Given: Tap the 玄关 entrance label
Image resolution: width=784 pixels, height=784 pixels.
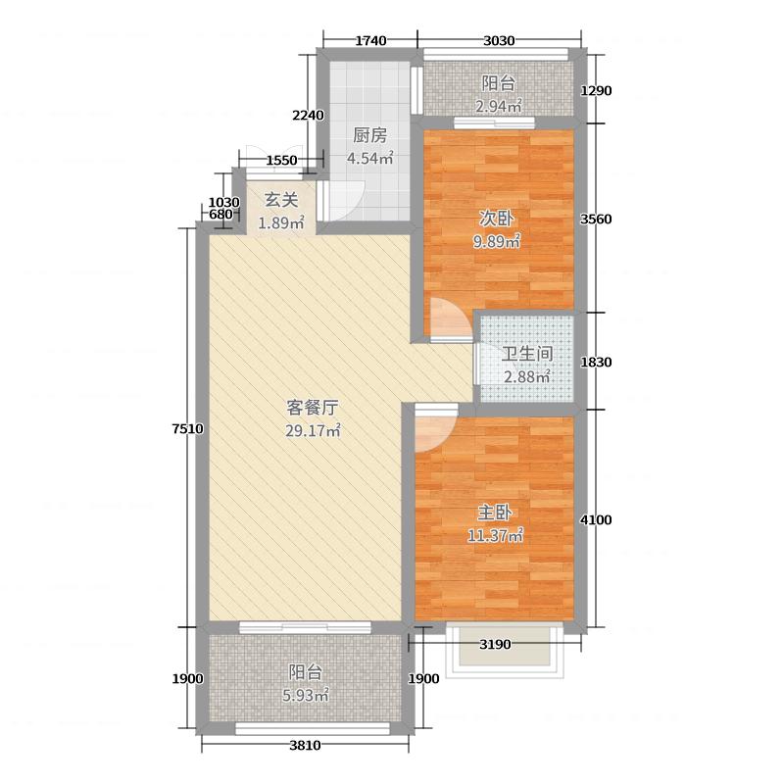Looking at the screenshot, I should pos(280,201).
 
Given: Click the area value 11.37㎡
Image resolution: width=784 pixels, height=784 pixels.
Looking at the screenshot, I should pos(499,535).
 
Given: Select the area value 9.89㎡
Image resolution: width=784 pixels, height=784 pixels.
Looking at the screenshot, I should pos(499,242).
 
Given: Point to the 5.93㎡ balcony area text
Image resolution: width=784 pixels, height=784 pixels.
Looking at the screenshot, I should pos(304,695).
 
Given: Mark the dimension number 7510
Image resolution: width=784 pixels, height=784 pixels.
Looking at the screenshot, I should pos(187,427).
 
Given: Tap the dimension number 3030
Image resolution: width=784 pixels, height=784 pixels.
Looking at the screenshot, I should pos(500,41).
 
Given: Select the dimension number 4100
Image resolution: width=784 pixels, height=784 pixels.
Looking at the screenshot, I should pos(597,519).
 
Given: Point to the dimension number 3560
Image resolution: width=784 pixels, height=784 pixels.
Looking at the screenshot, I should pos(597,220).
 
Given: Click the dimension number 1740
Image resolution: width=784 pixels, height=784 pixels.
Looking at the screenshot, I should pos(370,41).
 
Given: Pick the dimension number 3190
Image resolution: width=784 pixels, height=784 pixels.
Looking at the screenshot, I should pos(496,644).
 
